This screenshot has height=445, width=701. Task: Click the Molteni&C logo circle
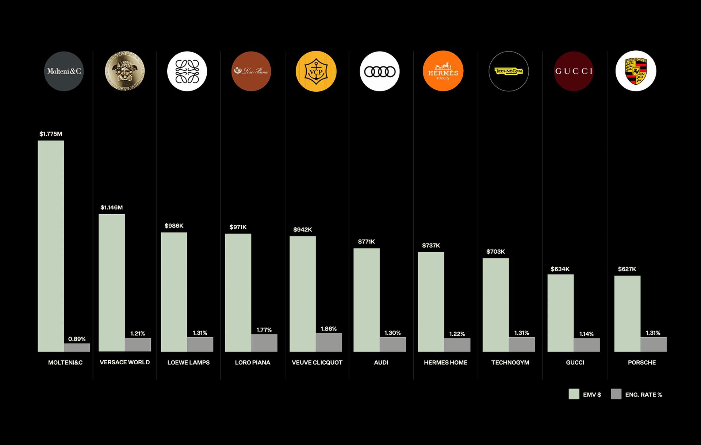click(x=64, y=71)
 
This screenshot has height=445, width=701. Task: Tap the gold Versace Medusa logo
click(x=125, y=71)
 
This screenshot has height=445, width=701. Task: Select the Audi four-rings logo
click(x=380, y=71)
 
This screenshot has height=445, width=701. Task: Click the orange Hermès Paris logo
click(x=443, y=71)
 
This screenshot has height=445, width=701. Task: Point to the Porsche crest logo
click(x=636, y=71)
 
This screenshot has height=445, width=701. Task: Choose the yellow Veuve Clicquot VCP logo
click(x=316, y=71)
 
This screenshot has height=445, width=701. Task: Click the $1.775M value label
click(x=51, y=134)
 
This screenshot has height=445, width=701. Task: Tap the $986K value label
click(x=174, y=226)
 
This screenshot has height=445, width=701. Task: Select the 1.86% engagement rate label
click(x=329, y=329)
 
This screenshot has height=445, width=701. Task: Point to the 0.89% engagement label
click(x=77, y=339)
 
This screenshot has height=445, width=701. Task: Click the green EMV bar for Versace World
click(x=112, y=283)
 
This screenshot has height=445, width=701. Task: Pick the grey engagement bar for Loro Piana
click(x=264, y=343)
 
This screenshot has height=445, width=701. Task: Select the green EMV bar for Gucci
click(x=560, y=313)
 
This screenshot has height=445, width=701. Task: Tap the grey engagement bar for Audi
click(x=392, y=344)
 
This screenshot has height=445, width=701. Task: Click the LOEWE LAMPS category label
click(x=188, y=362)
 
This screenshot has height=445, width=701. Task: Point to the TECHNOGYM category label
click(x=510, y=362)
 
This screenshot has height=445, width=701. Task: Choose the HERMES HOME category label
click(x=445, y=362)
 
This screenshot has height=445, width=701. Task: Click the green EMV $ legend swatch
click(x=574, y=394)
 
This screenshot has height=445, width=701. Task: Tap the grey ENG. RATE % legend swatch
click(x=616, y=394)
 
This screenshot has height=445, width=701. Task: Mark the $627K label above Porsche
click(x=627, y=269)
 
